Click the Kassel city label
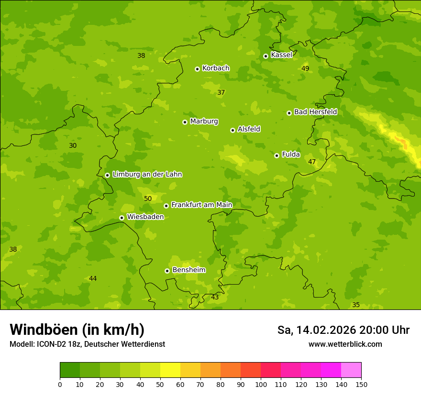[281, 55]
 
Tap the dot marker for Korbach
[197, 69]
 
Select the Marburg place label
[204, 121]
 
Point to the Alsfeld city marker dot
[233, 130]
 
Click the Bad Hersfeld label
[315, 112]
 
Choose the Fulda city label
[291, 154]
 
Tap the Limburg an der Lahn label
[147, 175]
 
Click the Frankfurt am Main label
[201, 205]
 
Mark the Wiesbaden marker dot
[122, 218]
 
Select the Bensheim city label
[188, 270]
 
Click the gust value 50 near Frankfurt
[148, 198]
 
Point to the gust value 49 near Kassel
[305, 68]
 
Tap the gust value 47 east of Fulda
[312, 162]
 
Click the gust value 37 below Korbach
[221, 92]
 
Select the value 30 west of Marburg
[73, 145]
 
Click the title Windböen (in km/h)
[77, 330]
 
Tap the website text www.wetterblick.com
[345, 344]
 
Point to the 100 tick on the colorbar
[261, 384]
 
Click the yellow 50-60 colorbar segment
[170, 370]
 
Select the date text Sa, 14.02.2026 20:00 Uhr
[343, 330]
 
